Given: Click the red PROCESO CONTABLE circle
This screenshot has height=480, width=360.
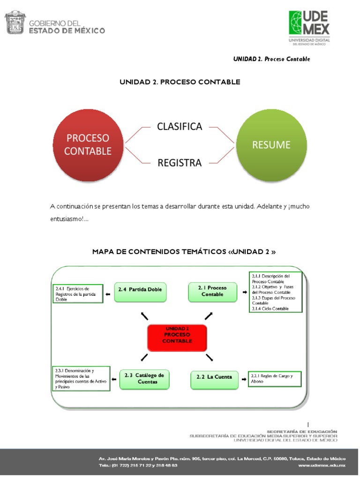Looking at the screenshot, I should pos(88,144).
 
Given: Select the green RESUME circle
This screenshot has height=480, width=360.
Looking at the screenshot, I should pos(271,144).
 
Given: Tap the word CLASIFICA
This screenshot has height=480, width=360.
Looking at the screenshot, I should pos(180,127).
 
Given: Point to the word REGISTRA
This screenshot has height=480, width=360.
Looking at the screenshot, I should pos(180,163).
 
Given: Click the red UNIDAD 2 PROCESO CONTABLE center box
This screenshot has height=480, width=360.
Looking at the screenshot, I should pos(177,337).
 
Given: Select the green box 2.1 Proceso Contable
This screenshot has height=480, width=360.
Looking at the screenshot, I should pos(212,292).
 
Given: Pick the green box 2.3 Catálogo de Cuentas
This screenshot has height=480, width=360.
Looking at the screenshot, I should pos(144,379).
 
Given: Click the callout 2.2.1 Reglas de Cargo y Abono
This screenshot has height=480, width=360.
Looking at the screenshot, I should pos(274,379).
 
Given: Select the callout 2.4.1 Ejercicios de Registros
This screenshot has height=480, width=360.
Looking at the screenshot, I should pos(77,293).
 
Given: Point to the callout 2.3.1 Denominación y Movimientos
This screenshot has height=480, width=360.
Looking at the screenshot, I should pos(81,379).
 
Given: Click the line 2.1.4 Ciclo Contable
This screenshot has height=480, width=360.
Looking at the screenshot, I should pos(270,308).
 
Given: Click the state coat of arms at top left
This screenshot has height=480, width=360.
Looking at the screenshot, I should pos(15,23).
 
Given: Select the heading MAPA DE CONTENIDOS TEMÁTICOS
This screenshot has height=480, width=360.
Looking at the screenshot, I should pos(183,252).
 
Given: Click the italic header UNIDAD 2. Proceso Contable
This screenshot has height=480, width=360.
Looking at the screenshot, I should pos(271,59).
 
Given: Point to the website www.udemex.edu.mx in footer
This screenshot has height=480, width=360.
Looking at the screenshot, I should pos(321,465).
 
